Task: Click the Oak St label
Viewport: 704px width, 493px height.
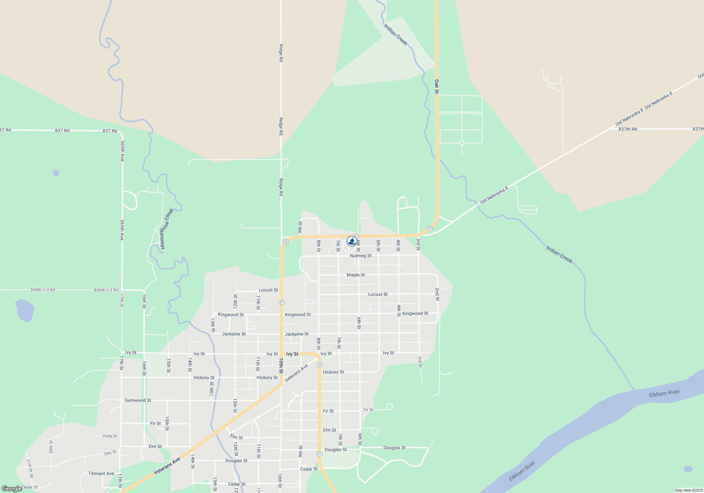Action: click(437, 86)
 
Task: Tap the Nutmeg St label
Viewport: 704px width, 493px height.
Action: click(360, 256)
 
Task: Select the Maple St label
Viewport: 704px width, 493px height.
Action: click(356, 275)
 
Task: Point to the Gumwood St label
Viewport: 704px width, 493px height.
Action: click(138, 400)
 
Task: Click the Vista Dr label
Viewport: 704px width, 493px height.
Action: click(110, 436)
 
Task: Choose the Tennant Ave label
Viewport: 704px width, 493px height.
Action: click(101, 474)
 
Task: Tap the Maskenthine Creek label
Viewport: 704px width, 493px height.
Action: click(167, 229)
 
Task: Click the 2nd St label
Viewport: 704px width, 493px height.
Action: click(437, 294)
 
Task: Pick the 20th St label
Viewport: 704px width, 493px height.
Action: click(51, 447)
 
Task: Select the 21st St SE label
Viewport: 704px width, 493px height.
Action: click(30, 468)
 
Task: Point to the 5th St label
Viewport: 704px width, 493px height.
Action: click(378, 245)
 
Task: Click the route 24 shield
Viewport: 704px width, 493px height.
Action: click(285, 242)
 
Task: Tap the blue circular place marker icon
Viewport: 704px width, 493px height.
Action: click(352, 241)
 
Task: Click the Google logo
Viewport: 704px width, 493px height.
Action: click(12, 489)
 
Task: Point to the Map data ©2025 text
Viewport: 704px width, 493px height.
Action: click(689, 490)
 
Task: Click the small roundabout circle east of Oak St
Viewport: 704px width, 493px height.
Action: click(462, 143)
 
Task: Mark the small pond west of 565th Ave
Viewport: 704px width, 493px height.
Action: click(56, 173)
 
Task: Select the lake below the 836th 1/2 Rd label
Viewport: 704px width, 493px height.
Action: click(25, 310)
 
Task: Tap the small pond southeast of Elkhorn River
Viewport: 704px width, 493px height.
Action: click(688, 469)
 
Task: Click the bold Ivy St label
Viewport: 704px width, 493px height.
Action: click(292, 354)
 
